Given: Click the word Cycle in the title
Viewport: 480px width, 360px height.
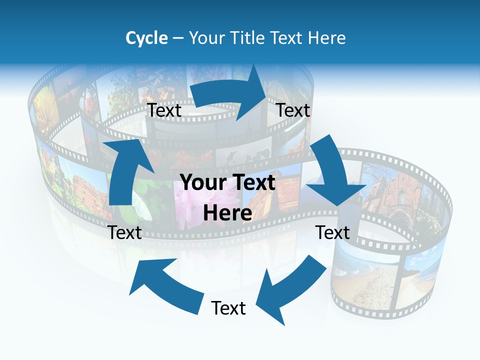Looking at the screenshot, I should click(x=146, y=38).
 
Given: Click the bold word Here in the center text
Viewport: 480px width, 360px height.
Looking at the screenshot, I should click(x=227, y=213).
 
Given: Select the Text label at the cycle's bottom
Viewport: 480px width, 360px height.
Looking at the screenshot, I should click(x=228, y=308).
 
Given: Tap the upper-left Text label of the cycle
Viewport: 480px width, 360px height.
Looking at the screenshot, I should click(x=164, y=110).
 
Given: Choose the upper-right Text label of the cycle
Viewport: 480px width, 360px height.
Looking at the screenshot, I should click(x=293, y=110).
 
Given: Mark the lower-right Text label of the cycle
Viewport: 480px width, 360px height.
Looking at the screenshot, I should click(x=332, y=232).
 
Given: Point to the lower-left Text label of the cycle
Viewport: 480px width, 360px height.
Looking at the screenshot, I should click(x=125, y=232).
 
